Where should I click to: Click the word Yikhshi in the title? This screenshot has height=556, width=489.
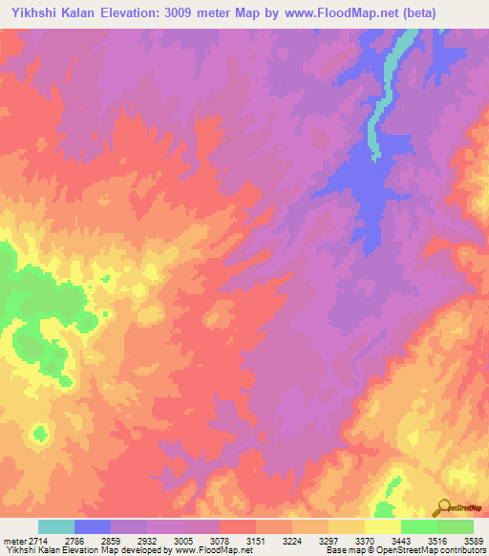(x=32, y=12)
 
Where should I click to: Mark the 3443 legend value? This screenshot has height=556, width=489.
(x=391, y=541)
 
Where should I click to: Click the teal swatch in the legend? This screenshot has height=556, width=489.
(x=56, y=526)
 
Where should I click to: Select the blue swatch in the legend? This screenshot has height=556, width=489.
(x=93, y=526)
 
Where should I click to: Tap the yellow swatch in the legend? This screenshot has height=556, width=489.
(x=382, y=526)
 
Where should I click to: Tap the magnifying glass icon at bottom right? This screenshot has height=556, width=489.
(x=443, y=508)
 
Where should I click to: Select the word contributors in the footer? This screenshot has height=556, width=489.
(x=461, y=550)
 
